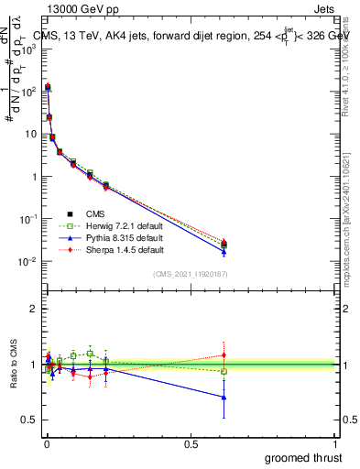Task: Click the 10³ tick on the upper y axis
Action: pyautogui.click(x=29, y=49)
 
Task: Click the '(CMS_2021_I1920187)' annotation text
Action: pyautogui.click(x=191, y=274)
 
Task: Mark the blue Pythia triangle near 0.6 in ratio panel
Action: pyautogui.click(x=224, y=398)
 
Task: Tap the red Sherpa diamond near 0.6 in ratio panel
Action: pyautogui.click(x=224, y=355)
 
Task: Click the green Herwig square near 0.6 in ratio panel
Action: pyautogui.click(x=224, y=371)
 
